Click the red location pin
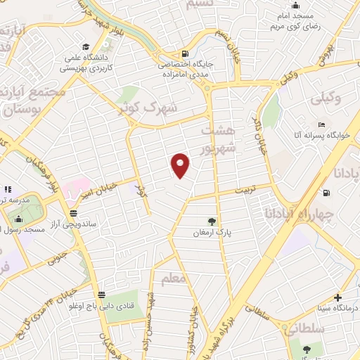181,165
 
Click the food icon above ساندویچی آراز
73,213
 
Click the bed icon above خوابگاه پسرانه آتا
321,124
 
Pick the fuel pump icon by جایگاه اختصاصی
184,53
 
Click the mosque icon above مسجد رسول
18,219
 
